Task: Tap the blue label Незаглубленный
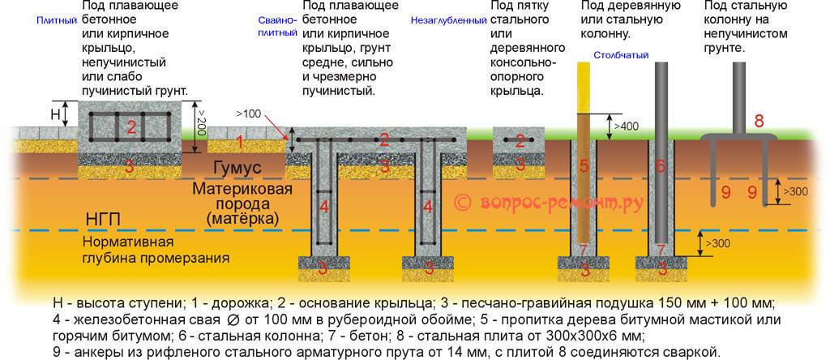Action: [x=443, y=20]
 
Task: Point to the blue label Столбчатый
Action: [x=614, y=55]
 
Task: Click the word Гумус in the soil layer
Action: [x=237, y=167]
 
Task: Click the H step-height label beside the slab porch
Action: [x=54, y=114]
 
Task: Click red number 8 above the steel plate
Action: [x=759, y=122]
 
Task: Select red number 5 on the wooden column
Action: [x=583, y=166]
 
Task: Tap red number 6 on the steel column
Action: [x=661, y=166]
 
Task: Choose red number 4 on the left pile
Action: [x=324, y=206]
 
